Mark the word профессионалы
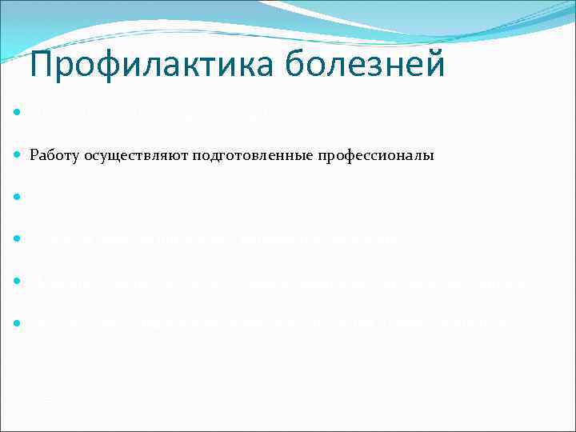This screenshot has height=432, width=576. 376,156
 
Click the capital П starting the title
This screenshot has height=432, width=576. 42,63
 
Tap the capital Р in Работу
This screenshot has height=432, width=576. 34,156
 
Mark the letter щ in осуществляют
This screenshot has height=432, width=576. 119,157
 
